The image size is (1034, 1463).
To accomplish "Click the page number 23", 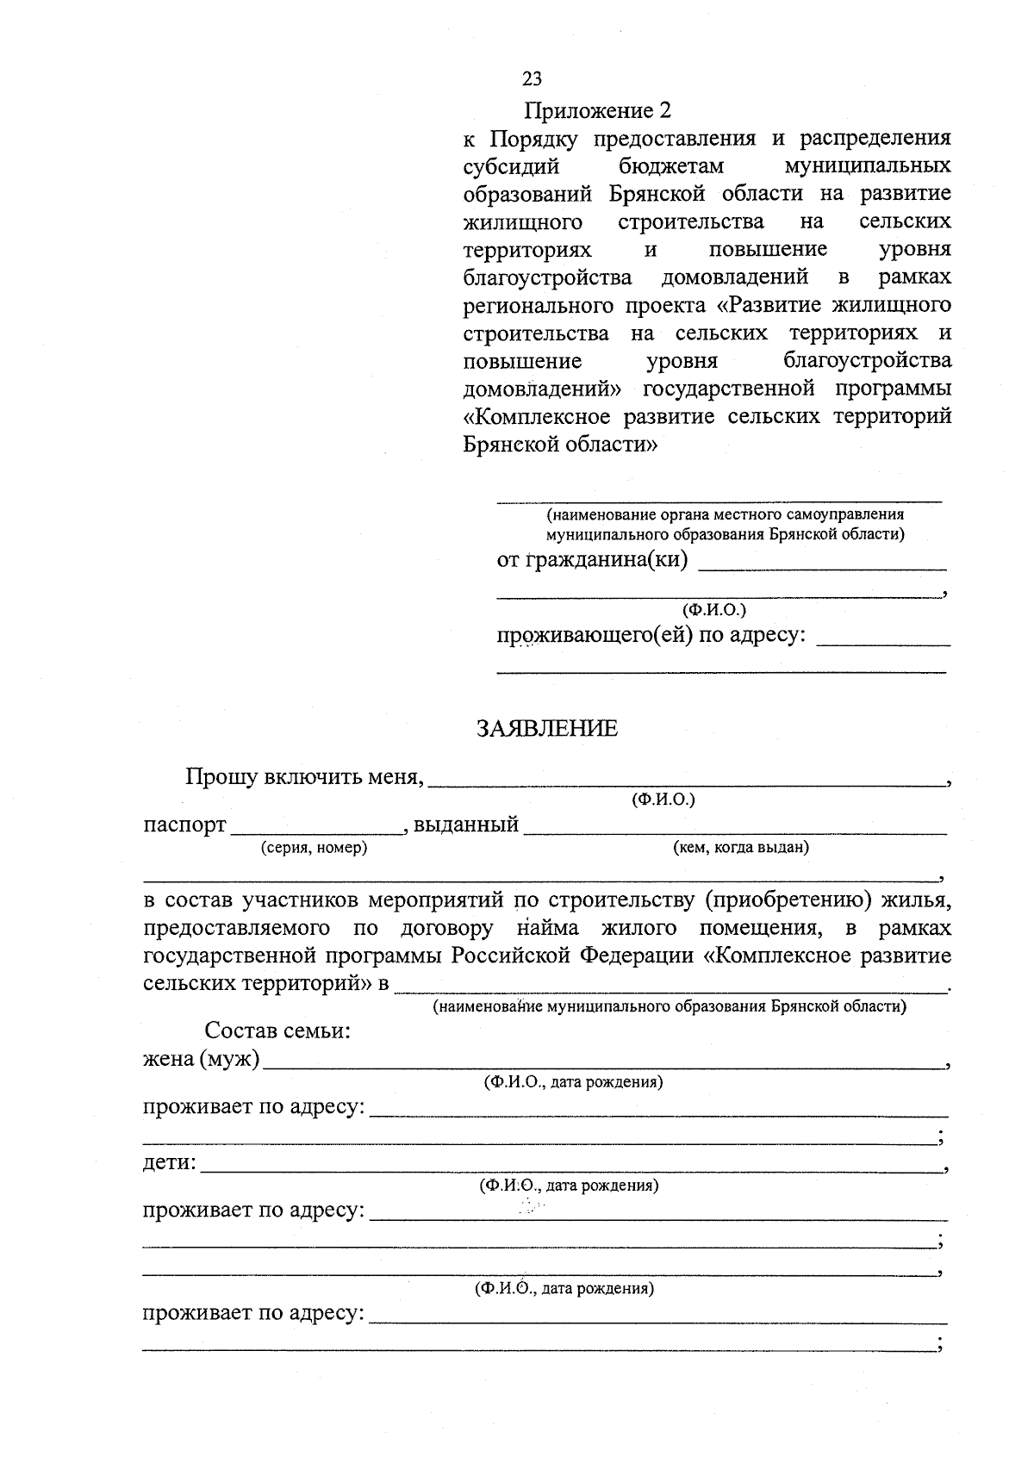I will point(532,78).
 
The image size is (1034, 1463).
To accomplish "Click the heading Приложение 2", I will point(597,111).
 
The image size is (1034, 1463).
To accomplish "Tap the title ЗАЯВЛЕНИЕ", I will point(547,729).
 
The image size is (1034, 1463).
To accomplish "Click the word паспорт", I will point(184,825).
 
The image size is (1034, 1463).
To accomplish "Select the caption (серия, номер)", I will point(314,848).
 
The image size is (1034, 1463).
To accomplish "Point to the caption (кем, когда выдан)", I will point(740,848).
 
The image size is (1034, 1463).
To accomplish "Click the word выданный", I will point(465,825).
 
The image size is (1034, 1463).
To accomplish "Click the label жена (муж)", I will point(201,1058).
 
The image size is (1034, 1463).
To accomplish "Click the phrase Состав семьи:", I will point(277,1030).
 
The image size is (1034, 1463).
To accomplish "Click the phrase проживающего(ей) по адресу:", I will point(652,636).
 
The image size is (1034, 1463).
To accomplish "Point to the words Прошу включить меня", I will point(305,777).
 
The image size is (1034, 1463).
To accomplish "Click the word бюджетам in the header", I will point(671,165).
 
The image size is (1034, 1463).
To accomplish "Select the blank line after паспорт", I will point(317,831).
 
